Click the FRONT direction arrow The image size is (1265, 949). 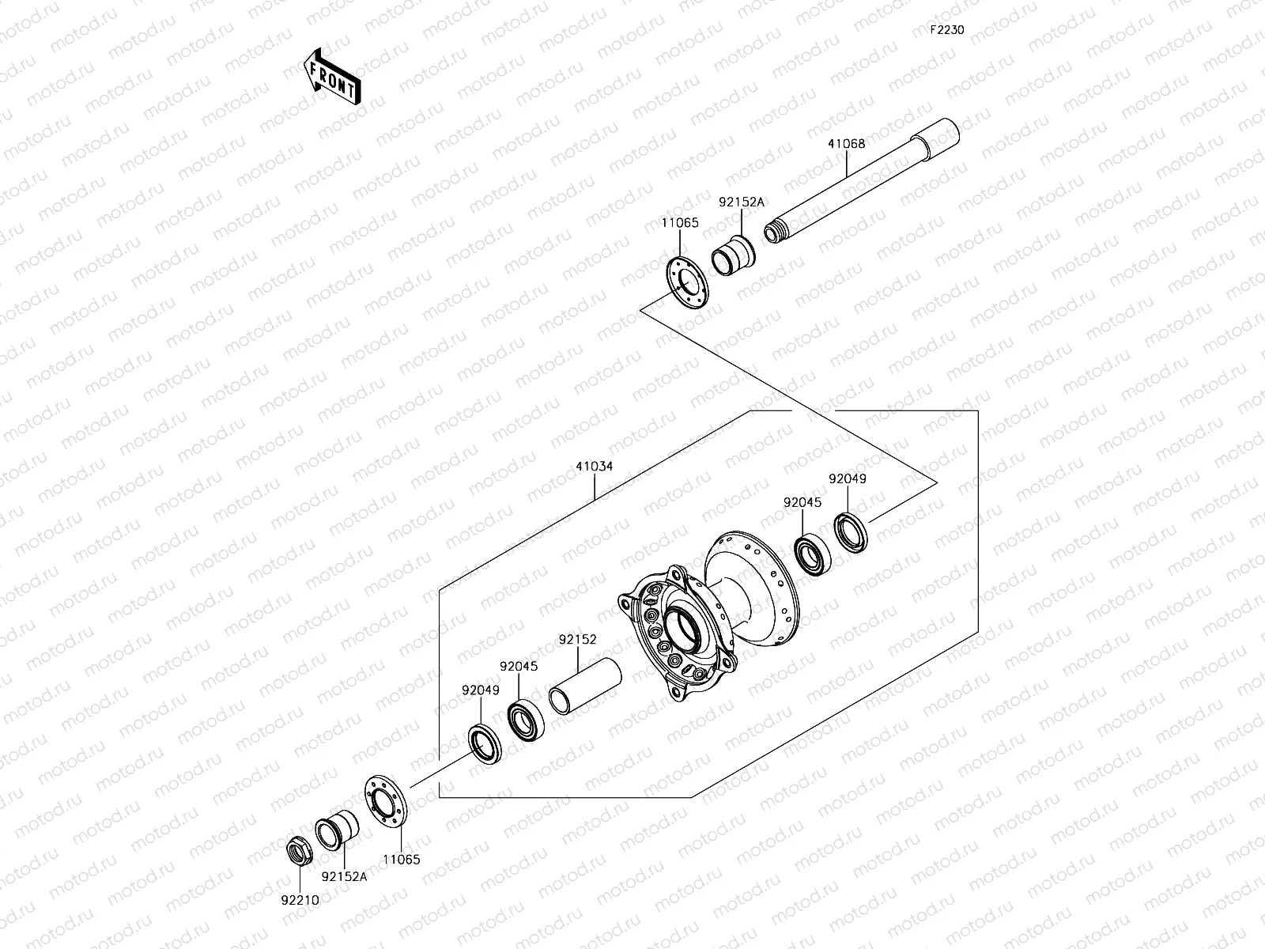[x=333, y=78]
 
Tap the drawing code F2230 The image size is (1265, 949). [x=947, y=30]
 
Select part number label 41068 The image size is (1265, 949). [x=846, y=144]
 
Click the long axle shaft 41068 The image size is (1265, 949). [x=862, y=180]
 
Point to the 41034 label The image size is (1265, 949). [x=595, y=466]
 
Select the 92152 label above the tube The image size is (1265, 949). [x=577, y=640]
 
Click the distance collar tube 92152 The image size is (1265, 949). [x=585, y=686]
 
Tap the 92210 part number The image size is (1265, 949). [x=300, y=900]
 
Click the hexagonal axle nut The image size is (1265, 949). [x=300, y=850]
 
